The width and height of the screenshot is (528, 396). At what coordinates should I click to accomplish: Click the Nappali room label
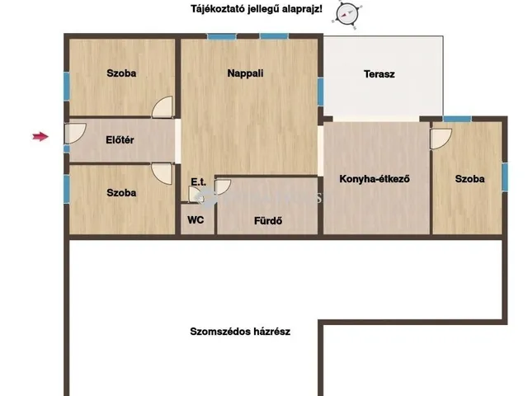point(245,73)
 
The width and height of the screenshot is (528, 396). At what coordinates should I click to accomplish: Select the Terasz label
point(379,74)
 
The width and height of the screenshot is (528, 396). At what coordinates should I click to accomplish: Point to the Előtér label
point(120,140)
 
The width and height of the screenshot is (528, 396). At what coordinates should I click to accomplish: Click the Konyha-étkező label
point(375,178)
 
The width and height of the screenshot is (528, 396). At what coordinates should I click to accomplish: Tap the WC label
point(196,219)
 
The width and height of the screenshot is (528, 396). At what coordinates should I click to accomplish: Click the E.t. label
point(198,181)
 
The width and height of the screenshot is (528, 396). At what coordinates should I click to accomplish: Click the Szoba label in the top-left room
point(121,73)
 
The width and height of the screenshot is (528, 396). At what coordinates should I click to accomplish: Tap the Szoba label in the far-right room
point(469,178)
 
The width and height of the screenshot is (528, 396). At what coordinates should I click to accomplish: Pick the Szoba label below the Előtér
point(121,192)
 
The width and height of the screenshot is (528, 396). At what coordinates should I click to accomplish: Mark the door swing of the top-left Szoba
point(163,106)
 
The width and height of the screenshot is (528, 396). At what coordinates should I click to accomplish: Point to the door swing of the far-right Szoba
point(441,137)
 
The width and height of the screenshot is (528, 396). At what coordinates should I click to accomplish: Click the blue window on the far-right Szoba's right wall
point(504,175)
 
